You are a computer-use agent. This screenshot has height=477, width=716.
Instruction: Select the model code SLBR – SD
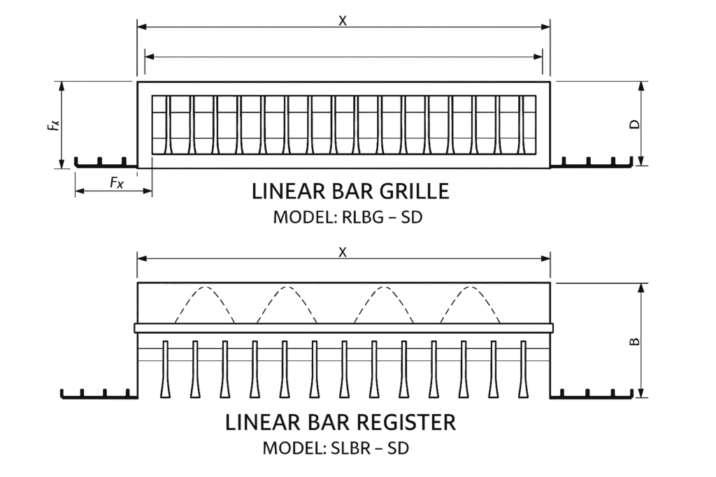[371, 448]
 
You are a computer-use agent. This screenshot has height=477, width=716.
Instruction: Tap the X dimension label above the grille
[343, 20]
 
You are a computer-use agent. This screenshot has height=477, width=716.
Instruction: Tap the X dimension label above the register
[343, 252]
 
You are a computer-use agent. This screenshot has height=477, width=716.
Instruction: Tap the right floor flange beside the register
[591, 395]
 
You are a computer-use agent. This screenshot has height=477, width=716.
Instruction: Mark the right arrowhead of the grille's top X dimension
[546, 27]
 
